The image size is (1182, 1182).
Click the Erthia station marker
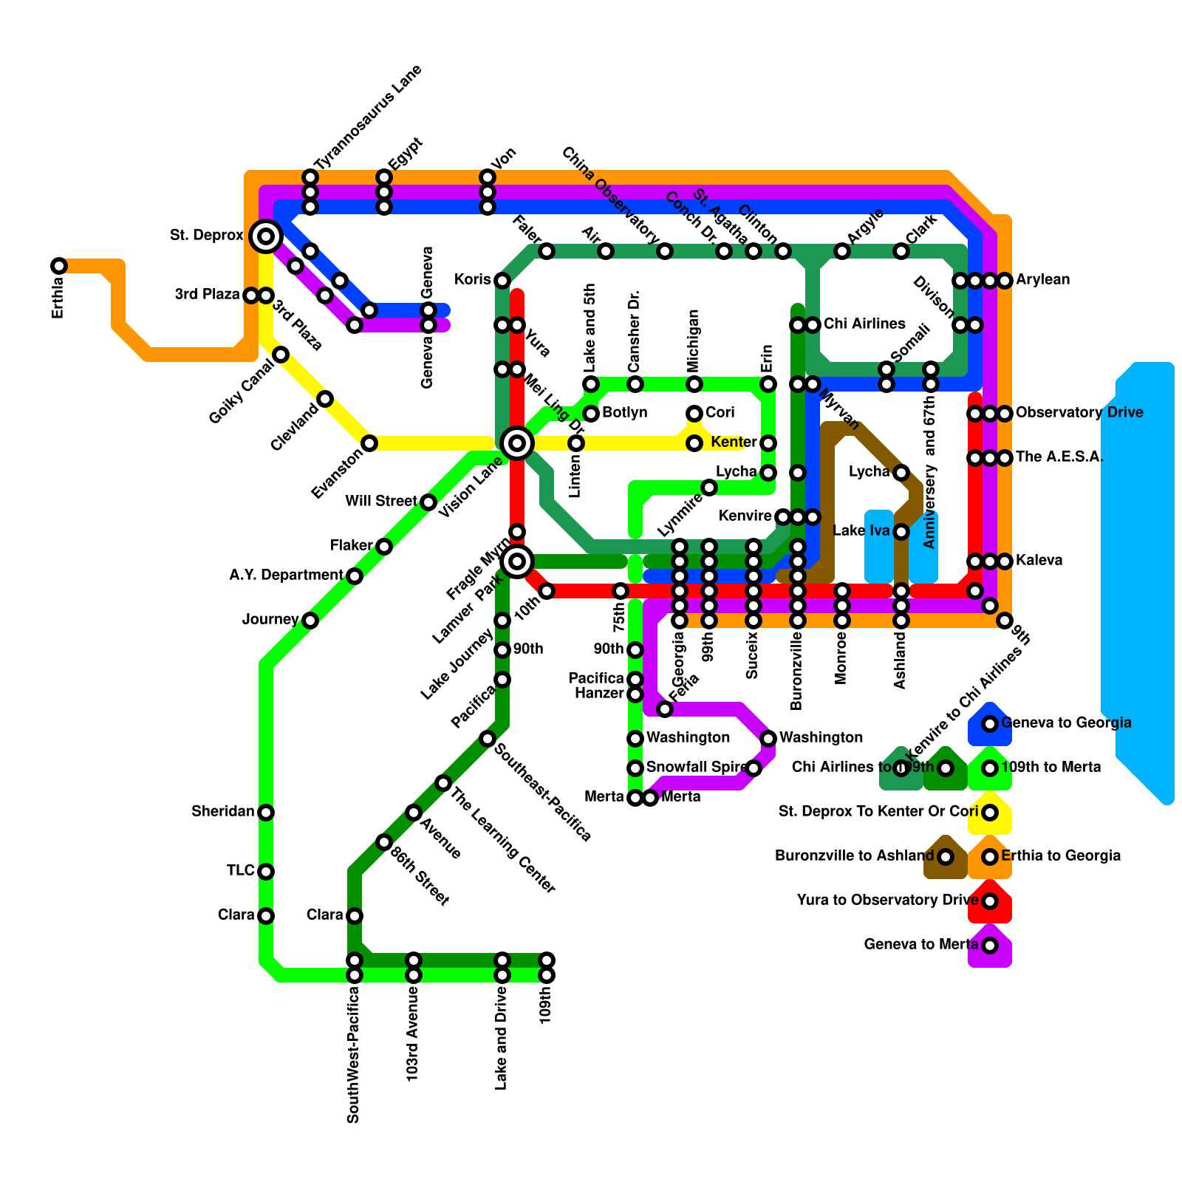59,266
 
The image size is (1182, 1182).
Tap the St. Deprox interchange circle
266,236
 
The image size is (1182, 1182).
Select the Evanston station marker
369,443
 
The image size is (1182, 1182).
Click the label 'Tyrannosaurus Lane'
368,117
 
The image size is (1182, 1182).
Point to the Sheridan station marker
266,813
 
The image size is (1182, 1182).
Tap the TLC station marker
266,872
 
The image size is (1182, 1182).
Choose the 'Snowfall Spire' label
696,767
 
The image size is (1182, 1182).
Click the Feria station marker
665,709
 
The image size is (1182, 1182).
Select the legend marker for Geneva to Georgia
990,724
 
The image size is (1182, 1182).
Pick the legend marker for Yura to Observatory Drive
990,901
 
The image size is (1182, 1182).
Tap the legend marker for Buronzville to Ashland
946,857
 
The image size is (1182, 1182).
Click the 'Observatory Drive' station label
1079,412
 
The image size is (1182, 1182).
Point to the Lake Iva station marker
901,532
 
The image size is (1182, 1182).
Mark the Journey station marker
310,621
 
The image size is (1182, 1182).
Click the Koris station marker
502,281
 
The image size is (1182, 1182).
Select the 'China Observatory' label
609,196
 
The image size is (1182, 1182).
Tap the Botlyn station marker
591,414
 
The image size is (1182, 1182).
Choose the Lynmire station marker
709,488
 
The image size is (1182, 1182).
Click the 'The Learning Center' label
502,841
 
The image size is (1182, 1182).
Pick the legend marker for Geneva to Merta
990,946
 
